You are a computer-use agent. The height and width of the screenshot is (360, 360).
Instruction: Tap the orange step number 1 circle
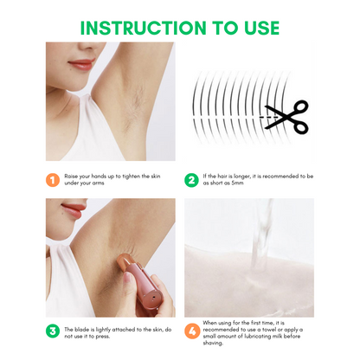pyautogui.click(x=53, y=180)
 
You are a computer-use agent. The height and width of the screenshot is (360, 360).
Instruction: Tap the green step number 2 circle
pyautogui.click(x=191, y=180)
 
